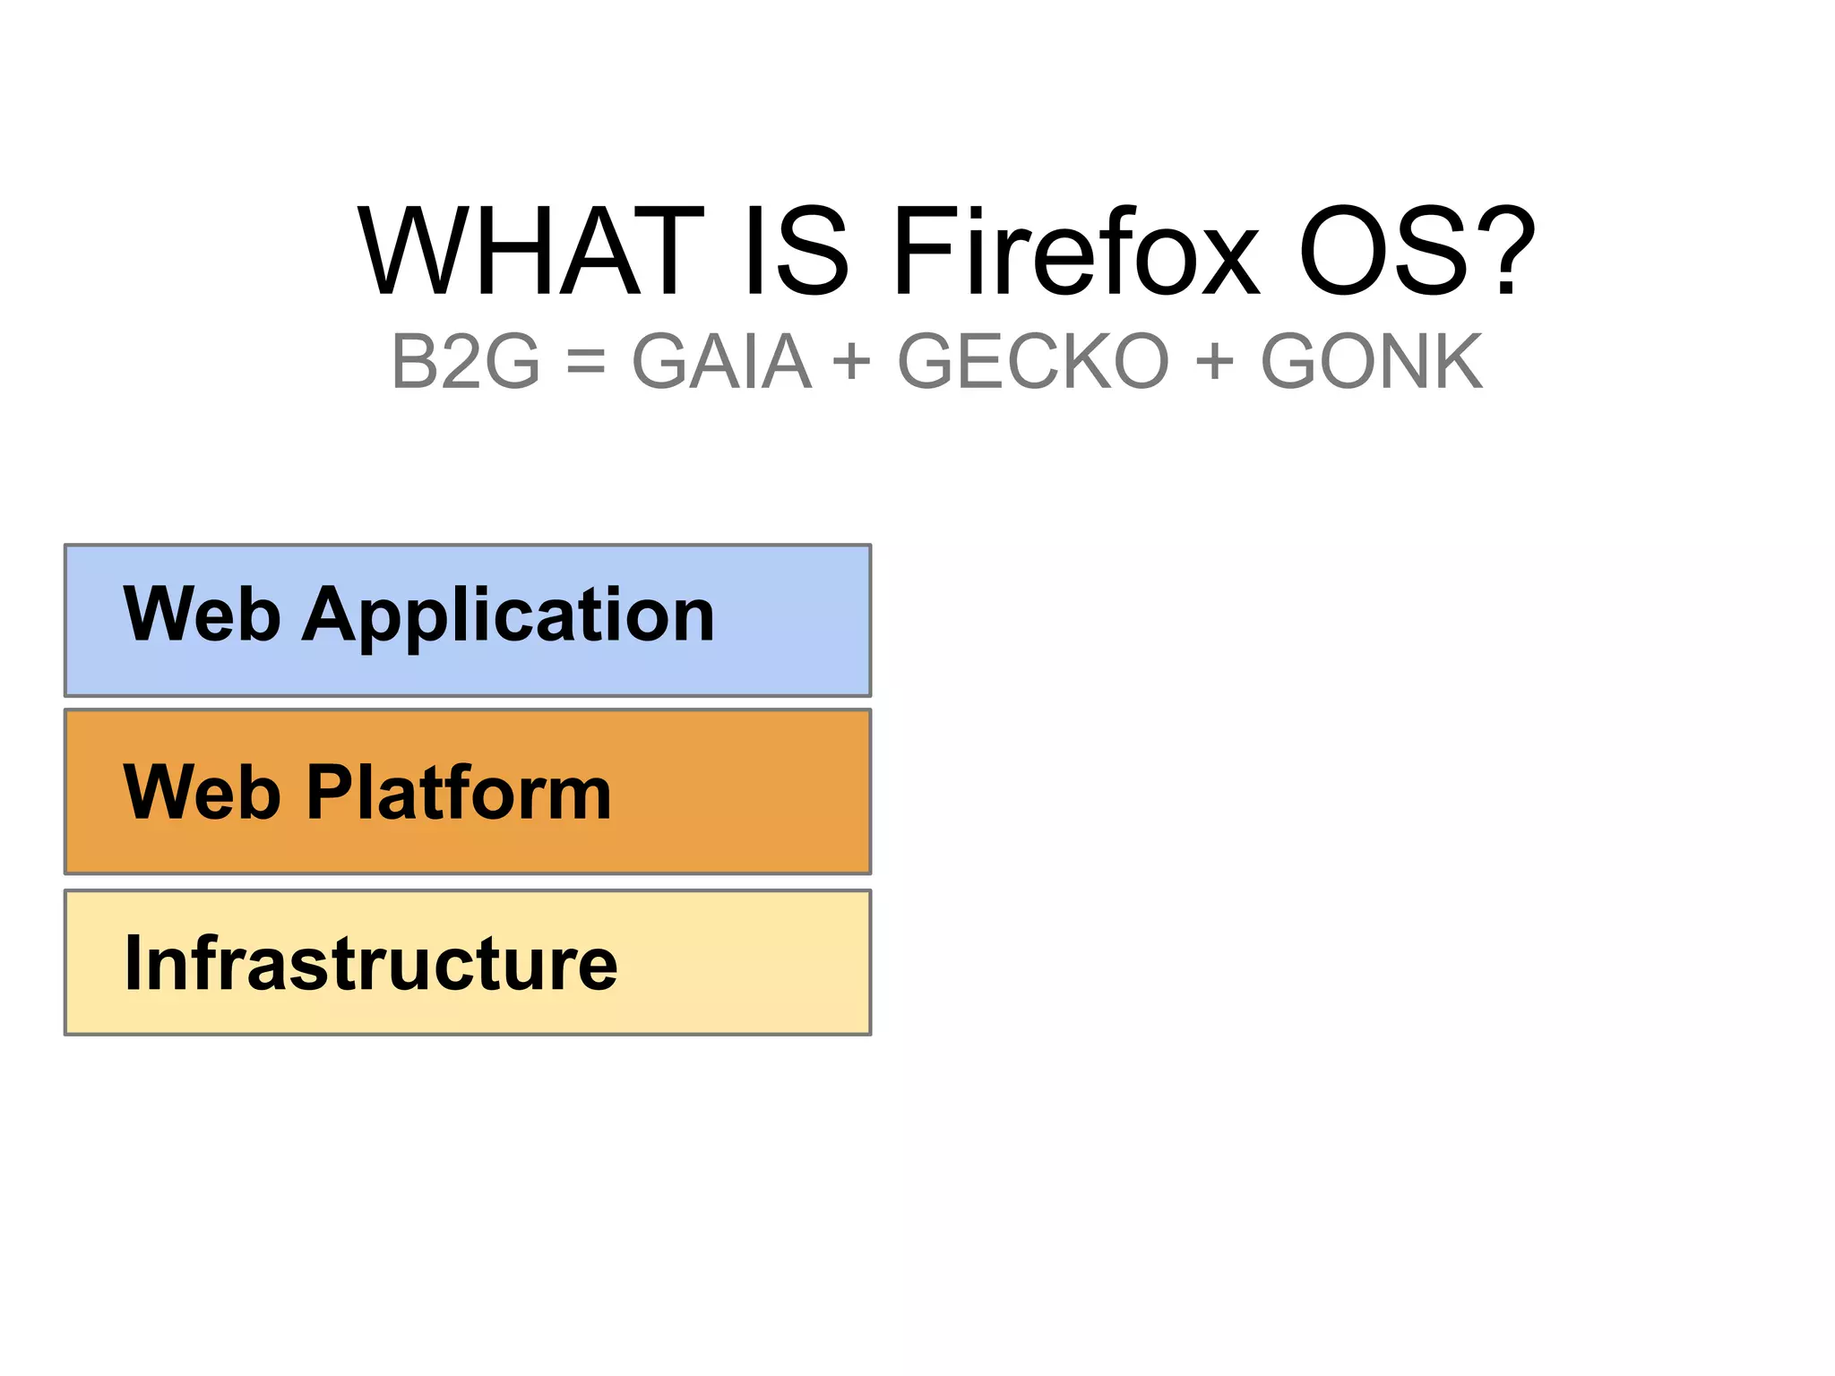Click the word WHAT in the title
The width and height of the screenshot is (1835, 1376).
pos(530,252)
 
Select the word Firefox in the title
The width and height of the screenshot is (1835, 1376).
pos(1076,252)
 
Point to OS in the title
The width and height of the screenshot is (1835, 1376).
pos(1384,252)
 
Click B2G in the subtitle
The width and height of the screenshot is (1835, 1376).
pos(466,362)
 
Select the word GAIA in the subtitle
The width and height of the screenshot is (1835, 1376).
pos(721,362)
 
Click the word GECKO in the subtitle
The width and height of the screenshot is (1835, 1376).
pos(1033,362)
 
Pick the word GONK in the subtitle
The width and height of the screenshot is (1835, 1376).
pos(1372,362)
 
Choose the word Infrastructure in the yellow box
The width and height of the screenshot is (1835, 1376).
pos(371,963)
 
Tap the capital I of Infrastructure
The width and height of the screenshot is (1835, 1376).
pos(134,963)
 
